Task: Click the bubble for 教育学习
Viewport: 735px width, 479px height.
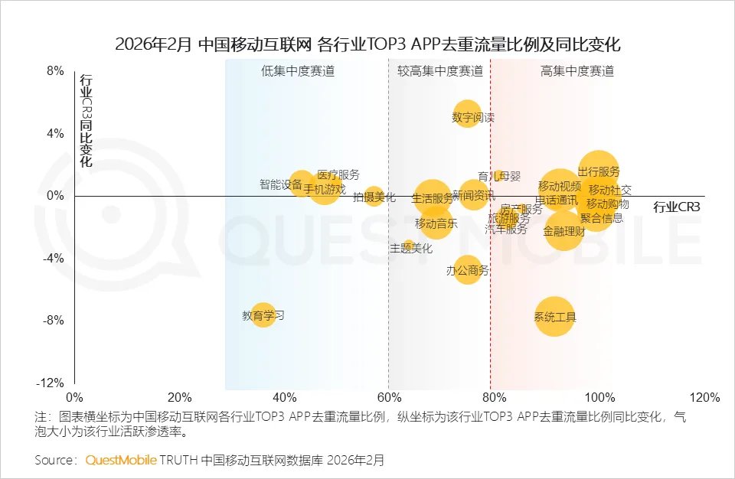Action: tap(263, 314)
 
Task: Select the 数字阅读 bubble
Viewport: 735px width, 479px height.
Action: tap(467, 114)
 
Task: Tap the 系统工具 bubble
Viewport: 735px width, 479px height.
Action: tap(555, 316)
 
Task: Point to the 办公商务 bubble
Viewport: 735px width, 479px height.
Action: tap(467, 269)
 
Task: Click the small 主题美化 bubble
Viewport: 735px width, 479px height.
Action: tap(410, 246)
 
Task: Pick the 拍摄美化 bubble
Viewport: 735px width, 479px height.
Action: tap(374, 196)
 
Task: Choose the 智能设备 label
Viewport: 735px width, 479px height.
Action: tap(280, 184)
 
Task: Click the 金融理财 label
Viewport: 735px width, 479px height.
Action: tap(564, 231)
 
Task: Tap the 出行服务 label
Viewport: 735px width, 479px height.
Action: tap(599, 171)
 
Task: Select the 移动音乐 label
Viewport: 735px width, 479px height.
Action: tap(436, 223)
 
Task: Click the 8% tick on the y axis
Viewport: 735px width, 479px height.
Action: tap(55, 70)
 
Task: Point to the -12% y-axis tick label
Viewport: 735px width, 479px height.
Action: tap(51, 383)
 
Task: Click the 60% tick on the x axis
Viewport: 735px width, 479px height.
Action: tap(389, 398)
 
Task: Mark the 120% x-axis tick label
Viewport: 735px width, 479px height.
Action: tap(704, 398)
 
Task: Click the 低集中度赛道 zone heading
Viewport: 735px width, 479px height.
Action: tap(298, 71)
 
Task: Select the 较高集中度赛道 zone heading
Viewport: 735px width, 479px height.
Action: tap(440, 71)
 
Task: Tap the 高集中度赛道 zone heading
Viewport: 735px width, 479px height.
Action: tap(577, 71)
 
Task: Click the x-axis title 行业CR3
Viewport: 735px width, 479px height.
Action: tap(678, 207)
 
